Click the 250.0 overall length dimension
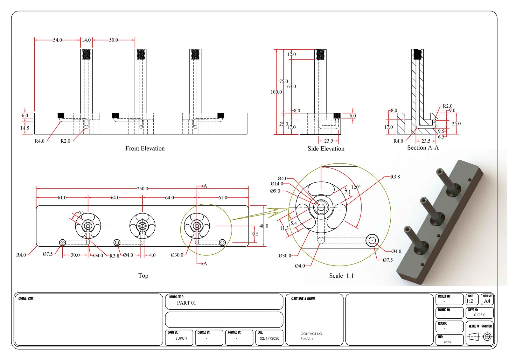click(142, 189)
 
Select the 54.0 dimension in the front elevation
click(57, 40)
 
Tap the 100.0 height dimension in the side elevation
click(276, 92)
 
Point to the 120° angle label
click(355, 187)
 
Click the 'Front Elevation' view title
click(145, 148)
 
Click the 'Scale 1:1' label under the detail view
click(341, 276)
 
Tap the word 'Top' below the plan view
click(143, 276)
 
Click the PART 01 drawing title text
click(186, 303)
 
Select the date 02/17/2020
click(269, 338)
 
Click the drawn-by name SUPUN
click(181, 338)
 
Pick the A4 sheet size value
click(487, 301)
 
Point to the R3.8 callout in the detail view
click(395, 177)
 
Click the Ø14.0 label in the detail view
click(277, 184)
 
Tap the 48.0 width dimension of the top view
click(263, 226)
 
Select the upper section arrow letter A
click(205, 186)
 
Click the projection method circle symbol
click(487, 336)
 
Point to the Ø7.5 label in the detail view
click(387, 260)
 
